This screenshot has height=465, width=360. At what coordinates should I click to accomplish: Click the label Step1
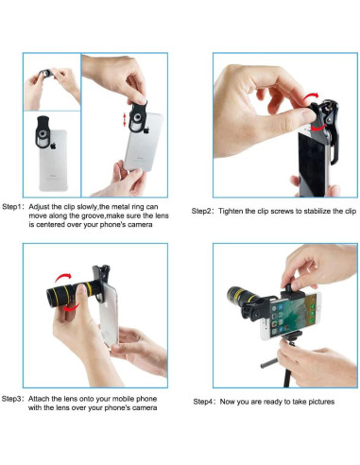pos(11,207)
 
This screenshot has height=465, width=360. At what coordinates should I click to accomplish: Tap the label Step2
pos(201,211)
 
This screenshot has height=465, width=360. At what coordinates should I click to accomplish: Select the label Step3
pos(11,399)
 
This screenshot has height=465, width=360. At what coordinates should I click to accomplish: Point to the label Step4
pos(203,402)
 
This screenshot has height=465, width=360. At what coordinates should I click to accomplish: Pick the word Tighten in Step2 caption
pos(231,211)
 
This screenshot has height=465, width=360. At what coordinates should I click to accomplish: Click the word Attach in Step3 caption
pos(39,399)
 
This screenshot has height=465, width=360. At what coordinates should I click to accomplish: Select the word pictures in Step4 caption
pos(321,402)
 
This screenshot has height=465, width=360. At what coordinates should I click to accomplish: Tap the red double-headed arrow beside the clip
pos(125,120)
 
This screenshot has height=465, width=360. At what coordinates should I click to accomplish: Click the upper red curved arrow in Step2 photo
pos(311,97)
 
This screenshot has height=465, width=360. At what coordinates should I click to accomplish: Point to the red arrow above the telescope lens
pos(63,277)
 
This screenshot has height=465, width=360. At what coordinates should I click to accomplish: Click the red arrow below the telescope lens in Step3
pos(72,307)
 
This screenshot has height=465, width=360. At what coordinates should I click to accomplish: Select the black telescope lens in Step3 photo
pos(73,292)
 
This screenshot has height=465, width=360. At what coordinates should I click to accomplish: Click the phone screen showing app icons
pos(294,316)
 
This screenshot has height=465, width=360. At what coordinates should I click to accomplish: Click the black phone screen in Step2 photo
pos(313,164)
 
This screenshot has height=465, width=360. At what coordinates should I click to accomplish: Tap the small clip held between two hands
pos(46,74)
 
